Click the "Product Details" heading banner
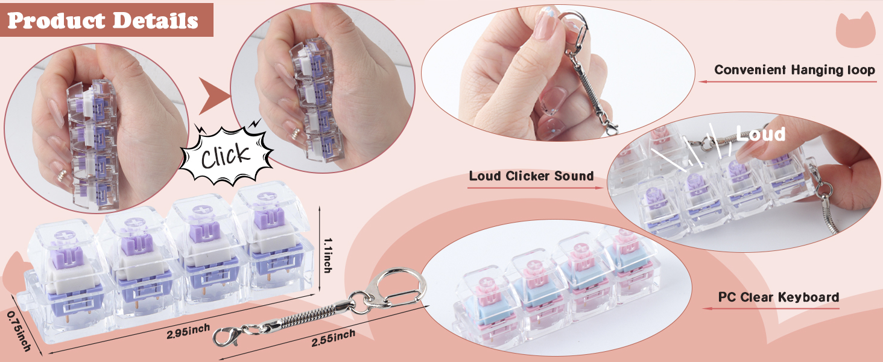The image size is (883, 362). [x=106, y=20]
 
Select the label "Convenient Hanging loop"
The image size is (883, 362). [x=794, y=70]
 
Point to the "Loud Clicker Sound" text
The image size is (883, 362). [x=531, y=176]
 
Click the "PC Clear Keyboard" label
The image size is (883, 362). [x=779, y=297]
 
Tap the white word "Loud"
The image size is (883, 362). [x=761, y=135]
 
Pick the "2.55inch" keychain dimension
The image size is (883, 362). [x=333, y=338]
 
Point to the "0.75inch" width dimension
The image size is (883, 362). [x=19, y=331]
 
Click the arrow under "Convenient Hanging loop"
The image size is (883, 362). [x=787, y=81]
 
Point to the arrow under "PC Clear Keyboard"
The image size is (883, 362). [x=771, y=308]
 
